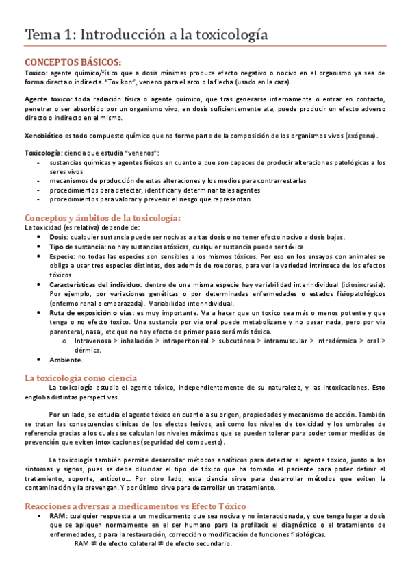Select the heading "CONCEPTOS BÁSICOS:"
(73, 61)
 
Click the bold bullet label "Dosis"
(59, 237)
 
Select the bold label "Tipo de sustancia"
(77, 246)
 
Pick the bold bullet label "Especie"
(62, 256)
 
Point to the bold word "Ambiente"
(65, 360)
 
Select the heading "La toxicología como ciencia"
(81, 378)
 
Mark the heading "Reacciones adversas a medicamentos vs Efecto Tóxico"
(136, 506)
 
